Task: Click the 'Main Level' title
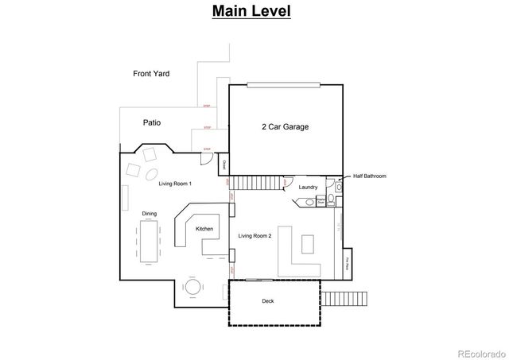251,12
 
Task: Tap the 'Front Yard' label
151,74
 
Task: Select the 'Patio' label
151,123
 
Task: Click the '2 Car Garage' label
285,126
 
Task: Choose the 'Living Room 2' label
256,236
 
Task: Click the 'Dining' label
149,214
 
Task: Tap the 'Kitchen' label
204,229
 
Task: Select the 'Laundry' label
309,188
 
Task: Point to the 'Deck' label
268,302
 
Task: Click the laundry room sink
309,203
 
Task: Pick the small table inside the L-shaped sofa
309,242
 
